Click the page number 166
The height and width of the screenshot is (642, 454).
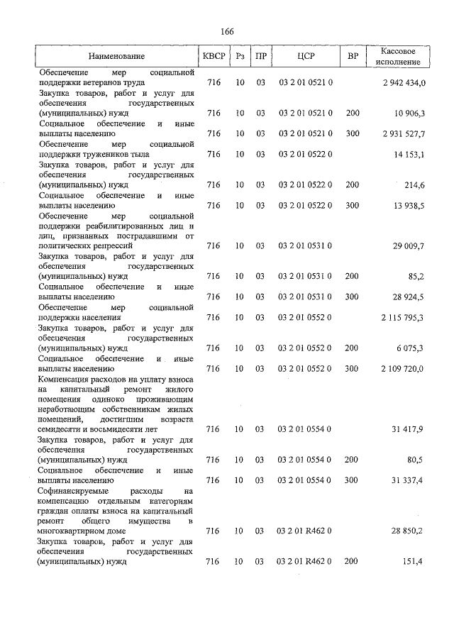[227, 32]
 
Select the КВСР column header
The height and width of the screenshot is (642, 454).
[213, 56]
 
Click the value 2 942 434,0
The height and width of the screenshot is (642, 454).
[403, 83]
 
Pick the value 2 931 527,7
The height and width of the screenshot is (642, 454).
[403, 133]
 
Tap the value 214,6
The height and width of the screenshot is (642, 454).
[414, 185]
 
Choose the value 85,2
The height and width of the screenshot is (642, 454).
[415, 277]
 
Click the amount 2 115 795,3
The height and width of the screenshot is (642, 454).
[403, 318]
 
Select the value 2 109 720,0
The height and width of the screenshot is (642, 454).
[403, 369]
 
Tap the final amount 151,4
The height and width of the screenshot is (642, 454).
[414, 562]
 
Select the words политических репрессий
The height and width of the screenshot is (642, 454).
[85, 246]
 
